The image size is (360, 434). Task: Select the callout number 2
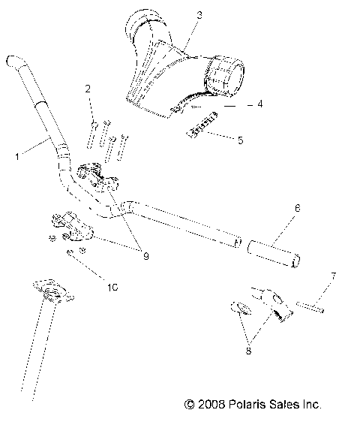tap(88, 90)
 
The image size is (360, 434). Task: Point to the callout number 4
tap(259, 104)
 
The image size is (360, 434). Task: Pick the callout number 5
tap(240, 140)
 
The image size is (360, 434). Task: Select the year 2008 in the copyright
tap(212, 405)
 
